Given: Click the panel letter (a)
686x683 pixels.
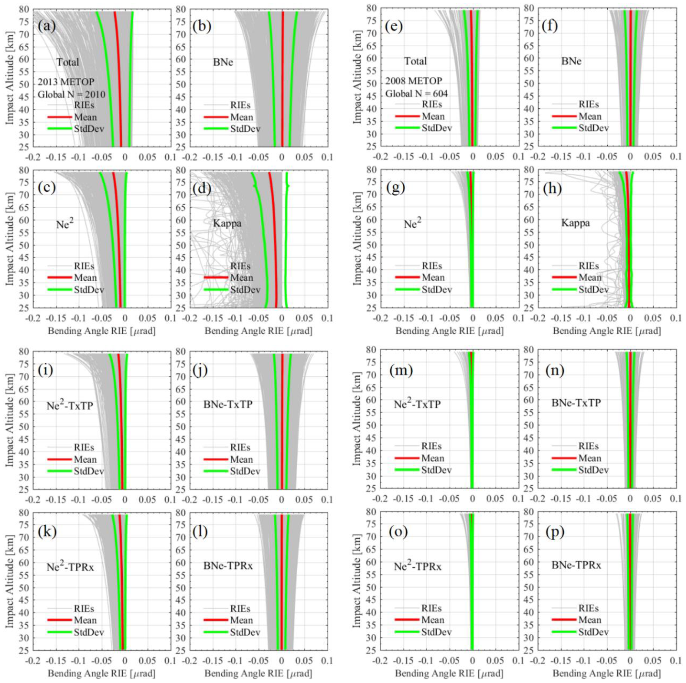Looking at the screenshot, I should tap(47, 27).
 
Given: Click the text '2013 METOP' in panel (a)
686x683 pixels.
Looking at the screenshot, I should tap(66, 82).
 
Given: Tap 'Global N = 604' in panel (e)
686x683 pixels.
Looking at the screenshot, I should tap(416, 94).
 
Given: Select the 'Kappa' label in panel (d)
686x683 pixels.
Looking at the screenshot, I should tap(227, 223).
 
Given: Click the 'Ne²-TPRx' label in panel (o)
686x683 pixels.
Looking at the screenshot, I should tap(417, 566).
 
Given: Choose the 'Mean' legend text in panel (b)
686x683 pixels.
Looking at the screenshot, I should tap(242, 117).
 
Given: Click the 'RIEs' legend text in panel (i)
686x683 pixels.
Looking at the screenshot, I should tap(84, 448).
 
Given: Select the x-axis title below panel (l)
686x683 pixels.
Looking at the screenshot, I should tap(258, 673).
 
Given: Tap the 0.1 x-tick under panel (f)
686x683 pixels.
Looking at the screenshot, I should tap(676, 157).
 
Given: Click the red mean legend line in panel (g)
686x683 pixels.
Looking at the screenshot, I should tap(407, 278).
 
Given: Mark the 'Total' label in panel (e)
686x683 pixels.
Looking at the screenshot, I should tap(415, 61).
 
